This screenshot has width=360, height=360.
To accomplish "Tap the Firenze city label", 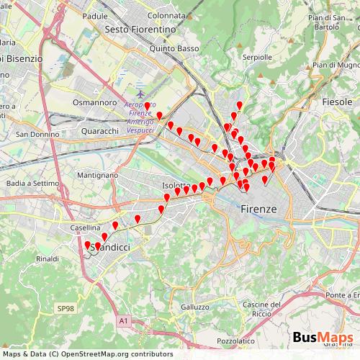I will (x=258, y=208).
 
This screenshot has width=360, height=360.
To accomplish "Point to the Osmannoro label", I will (x=94, y=102).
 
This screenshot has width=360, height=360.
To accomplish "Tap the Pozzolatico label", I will (x=235, y=341).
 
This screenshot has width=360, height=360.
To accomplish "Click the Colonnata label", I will (x=166, y=14).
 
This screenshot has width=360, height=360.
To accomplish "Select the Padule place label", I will (x=95, y=15).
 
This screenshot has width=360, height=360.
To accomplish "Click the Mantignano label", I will (x=97, y=175).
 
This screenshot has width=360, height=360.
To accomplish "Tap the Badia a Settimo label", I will (x=32, y=184).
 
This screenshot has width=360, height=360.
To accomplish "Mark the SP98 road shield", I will (x=66, y=308).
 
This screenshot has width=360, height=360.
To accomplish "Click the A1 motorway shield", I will (x=123, y=321).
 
